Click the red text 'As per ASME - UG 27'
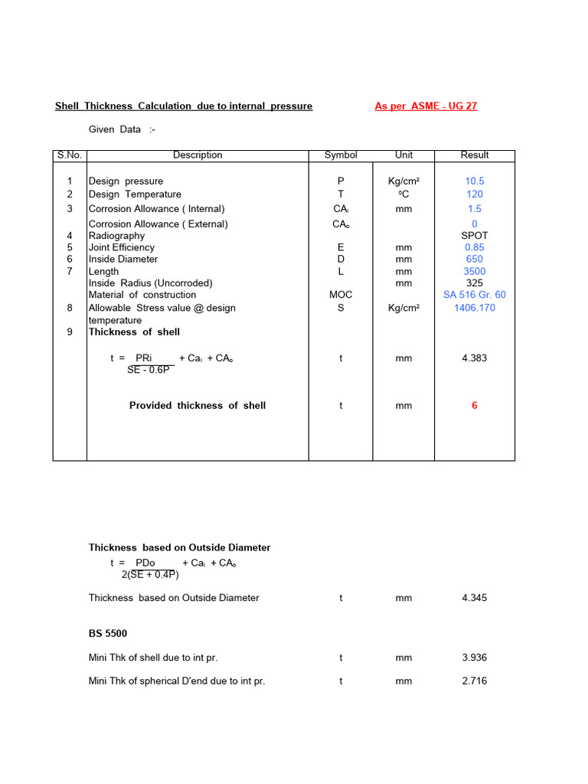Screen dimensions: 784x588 [426, 106]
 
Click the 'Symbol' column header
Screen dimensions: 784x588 [341, 155]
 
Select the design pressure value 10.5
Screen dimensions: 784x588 [475, 181]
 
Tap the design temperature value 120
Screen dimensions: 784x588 [475, 194]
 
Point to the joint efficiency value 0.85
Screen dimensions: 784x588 [475, 247]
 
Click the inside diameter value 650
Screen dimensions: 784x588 [475, 260]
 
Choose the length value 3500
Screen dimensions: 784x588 [475, 272]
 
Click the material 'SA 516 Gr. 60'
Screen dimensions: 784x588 [475, 295]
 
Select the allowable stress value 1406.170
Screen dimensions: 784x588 [475, 308]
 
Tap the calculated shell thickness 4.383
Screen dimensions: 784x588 [475, 358]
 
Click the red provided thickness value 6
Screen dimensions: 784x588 [475, 406]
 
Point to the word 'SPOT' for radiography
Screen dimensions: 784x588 [475, 236]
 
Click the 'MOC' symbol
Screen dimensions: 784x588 [341, 295]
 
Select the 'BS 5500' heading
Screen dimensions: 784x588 [108, 634]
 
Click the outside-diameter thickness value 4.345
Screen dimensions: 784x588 [475, 598]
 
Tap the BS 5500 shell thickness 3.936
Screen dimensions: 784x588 [475, 658]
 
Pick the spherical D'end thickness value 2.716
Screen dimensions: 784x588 [475, 681]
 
